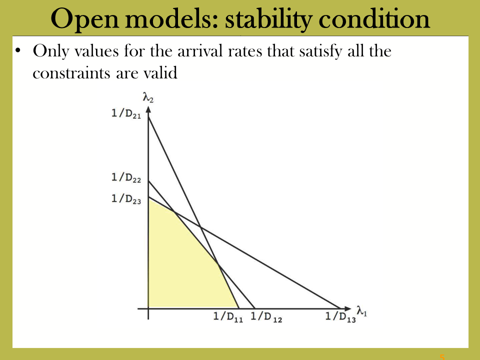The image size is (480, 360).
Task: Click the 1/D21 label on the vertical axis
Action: coord(126,113)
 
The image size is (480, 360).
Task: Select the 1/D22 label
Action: coord(126,177)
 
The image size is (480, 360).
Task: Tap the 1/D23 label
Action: coord(126,198)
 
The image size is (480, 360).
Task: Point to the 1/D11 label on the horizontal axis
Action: coord(228,316)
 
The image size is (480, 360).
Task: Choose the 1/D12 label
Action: coord(266,316)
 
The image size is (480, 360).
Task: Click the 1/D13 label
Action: coord(340,316)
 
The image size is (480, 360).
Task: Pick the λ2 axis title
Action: coord(148,97)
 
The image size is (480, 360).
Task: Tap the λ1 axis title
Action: coord(362,311)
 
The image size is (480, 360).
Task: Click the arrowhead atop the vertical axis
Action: coord(148,109)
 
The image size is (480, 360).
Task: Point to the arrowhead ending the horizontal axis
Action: coord(347,308)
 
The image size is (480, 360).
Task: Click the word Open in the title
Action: coord(84,19)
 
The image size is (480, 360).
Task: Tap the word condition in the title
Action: coord(374,18)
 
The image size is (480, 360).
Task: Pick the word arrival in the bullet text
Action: coord(200,51)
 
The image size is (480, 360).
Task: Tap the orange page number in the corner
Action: coord(442,357)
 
